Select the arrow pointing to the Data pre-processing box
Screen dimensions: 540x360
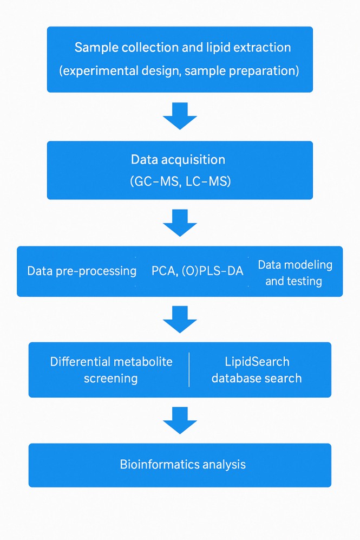[179, 223]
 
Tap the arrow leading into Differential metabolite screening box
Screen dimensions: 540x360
[179, 319]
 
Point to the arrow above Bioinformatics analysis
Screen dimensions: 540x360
[179, 420]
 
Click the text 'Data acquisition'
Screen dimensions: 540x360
[178, 160]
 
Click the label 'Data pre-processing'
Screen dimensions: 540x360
[82, 271]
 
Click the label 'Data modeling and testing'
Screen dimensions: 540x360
[294, 273]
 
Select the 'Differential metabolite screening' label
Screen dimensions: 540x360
[111, 370]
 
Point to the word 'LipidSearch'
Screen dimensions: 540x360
[257, 362]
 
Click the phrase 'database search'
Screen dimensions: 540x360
[257, 378]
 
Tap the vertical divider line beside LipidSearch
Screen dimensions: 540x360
[189, 370]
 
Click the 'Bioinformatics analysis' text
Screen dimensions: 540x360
[182, 465]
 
